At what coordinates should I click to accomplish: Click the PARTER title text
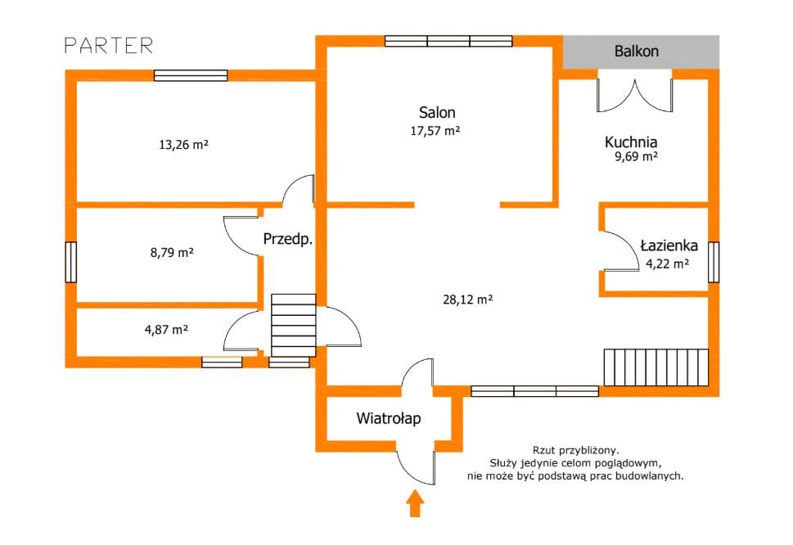point(109,46)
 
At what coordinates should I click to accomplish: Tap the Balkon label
point(636,51)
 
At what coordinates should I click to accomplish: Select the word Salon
point(437,112)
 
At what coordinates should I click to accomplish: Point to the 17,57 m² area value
point(435,131)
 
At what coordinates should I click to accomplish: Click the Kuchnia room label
point(631,142)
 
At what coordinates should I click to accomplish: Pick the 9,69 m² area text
point(636,156)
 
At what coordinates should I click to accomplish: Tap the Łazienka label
point(669,245)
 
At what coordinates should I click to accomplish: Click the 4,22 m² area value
point(667,263)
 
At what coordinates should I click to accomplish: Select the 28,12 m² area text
point(468,300)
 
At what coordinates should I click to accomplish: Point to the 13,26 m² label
point(183,145)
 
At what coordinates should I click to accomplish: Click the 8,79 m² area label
point(172,252)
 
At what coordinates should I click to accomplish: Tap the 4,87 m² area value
point(166,330)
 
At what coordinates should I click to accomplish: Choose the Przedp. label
point(288,239)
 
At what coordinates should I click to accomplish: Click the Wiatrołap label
point(389,418)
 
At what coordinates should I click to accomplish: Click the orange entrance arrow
point(415,503)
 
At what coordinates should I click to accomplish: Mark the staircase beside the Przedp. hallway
point(293,326)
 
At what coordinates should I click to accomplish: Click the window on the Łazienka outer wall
point(713,262)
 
